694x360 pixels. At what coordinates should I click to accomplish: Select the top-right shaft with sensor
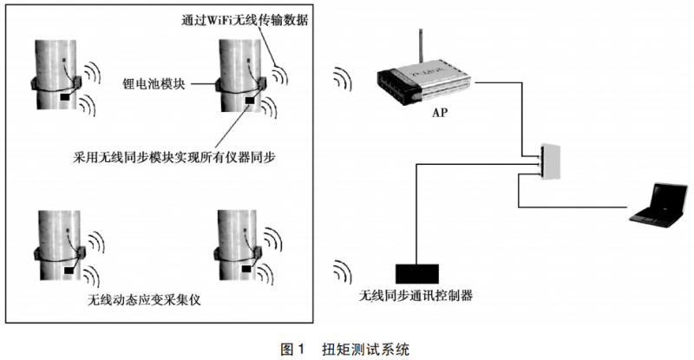[233, 75]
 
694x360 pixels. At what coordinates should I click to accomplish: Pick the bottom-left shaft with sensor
[54, 247]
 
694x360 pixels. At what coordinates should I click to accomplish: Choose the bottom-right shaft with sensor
[233, 247]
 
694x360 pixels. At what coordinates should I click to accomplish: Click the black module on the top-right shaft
[251, 102]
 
